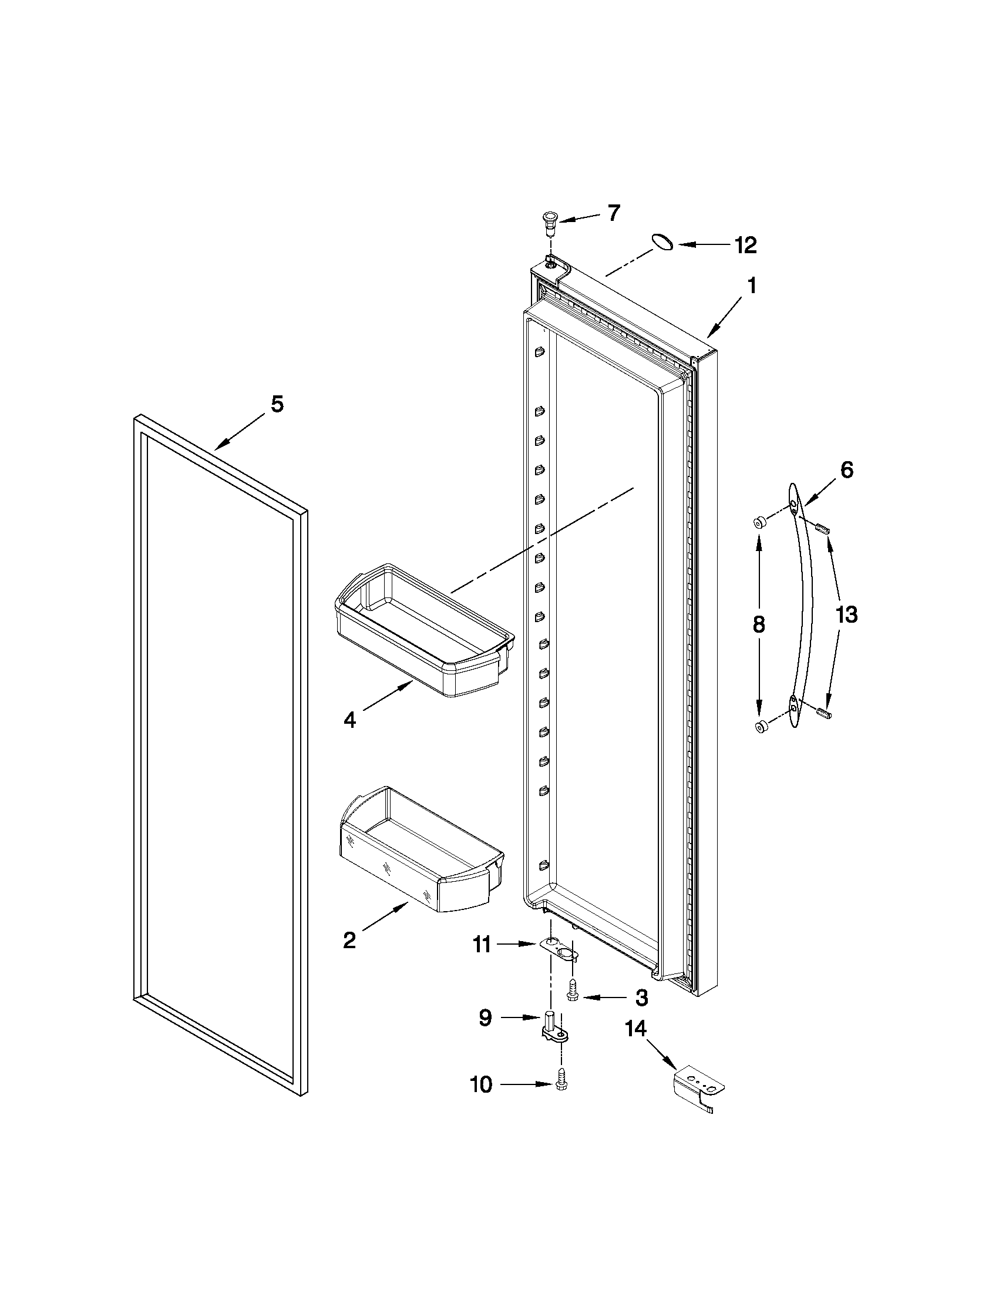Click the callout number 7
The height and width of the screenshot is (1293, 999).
click(614, 213)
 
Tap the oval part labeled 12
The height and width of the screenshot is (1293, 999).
click(662, 243)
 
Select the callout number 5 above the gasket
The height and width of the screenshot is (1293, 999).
click(277, 404)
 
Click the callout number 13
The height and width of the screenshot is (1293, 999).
click(846, 615)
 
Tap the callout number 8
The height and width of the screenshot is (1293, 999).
click(759, 624)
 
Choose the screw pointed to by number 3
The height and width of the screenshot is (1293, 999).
click(572, 996)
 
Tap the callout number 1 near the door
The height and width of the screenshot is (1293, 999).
click(751, 287)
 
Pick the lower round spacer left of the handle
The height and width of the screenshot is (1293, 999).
click(761, 727)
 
